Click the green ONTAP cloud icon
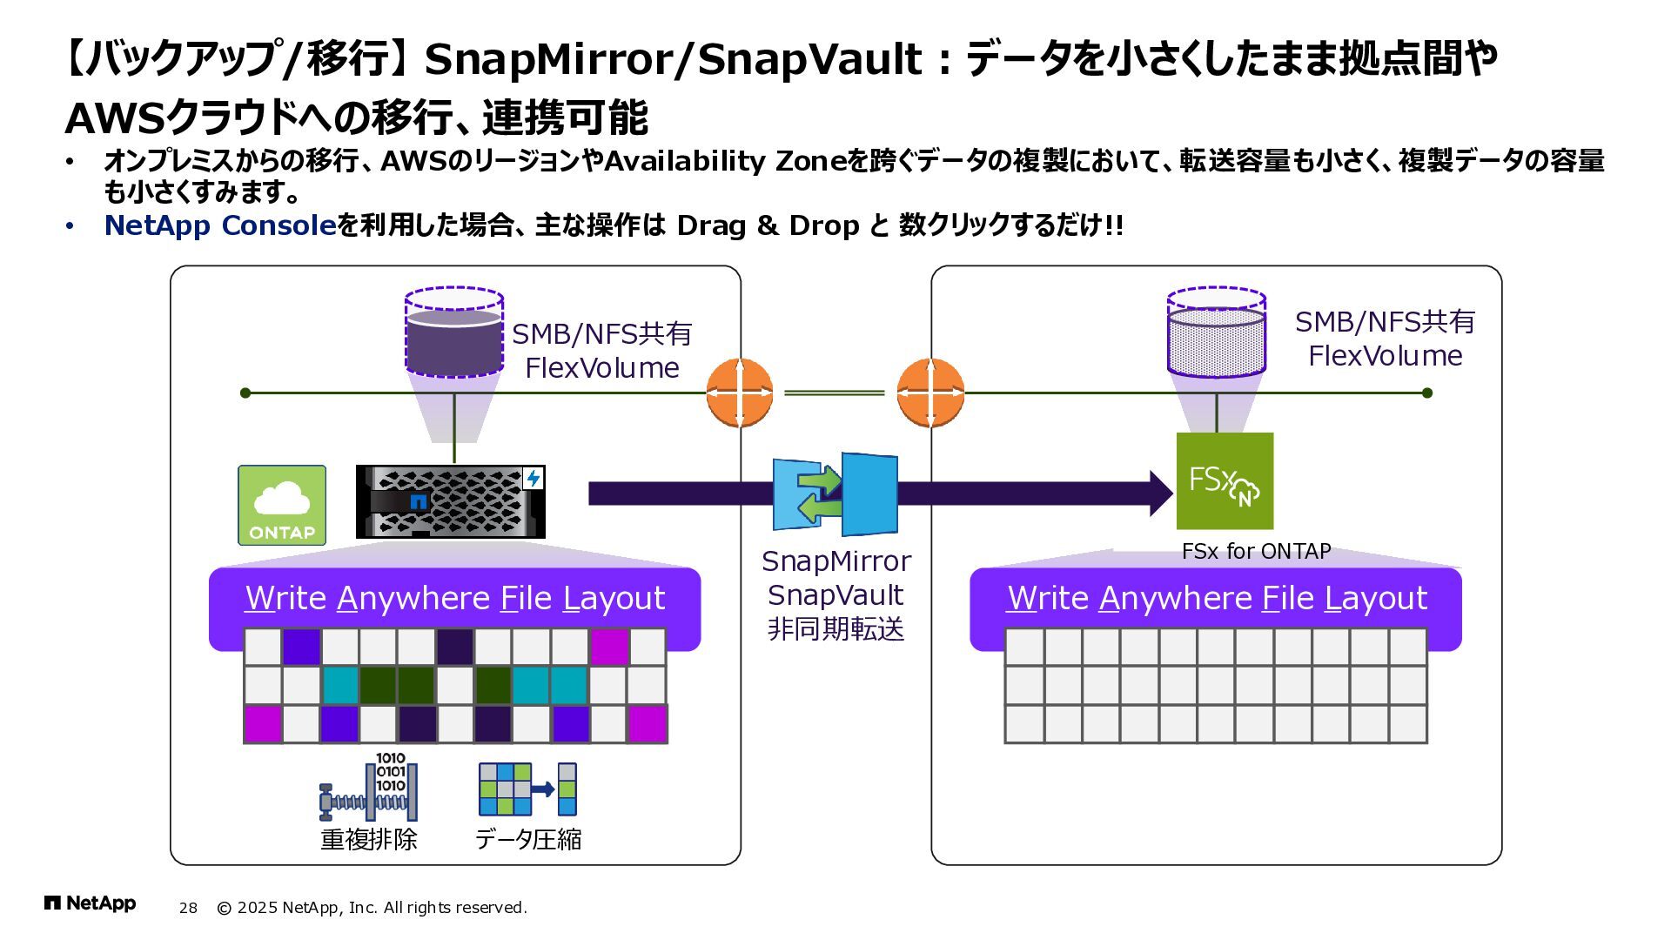point(282,505)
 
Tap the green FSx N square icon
point(1225,480)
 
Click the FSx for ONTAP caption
point(1256,551)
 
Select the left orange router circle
point(739,393)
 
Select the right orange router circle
point(930,393)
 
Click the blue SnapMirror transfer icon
point(835,493)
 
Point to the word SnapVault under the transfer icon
point(835,595)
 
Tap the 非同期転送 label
point(835,628)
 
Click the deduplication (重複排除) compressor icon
point(369,788)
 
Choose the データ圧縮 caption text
point(528,839)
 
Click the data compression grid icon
point(527,789)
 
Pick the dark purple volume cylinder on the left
point(454,332)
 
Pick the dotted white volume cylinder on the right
point(1216,332)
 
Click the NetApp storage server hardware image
point(451,502)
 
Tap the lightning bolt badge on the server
point(533,478)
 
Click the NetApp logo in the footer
point(90,903)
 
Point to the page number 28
point(188,908)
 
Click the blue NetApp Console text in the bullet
point(220,225)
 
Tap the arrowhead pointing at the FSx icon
point(1162,493)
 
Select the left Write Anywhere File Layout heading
point(454,599)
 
